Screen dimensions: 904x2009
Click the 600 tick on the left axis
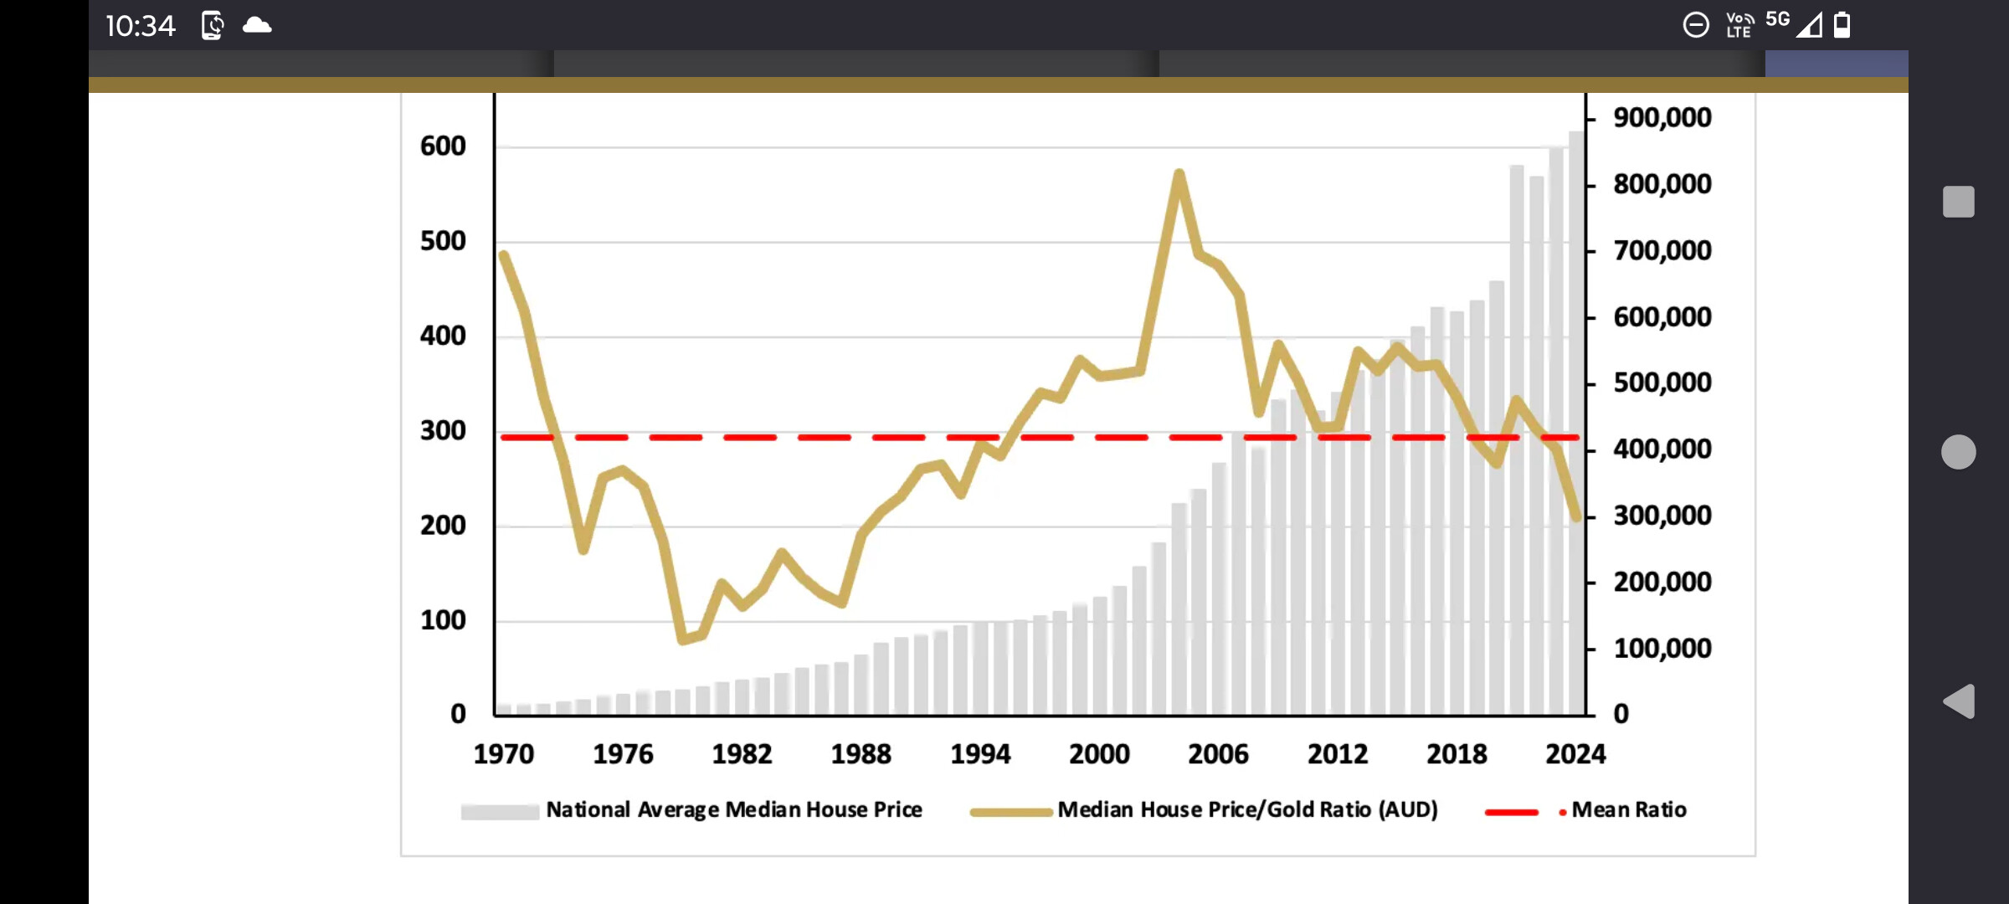(x=443, y=146)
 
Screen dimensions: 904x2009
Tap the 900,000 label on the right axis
(x=1662, y=118)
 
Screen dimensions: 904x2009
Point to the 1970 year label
(x=503, y=754)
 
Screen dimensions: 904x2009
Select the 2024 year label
(x=1575, y=754)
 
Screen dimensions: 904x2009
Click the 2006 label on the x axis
(x=1218, y=754)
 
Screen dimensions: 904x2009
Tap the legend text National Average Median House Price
(x=733, y=810)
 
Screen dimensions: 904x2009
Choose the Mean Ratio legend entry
(x=1628, y=810)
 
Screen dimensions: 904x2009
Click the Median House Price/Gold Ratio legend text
(x=1247, y=810)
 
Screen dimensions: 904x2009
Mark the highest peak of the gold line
(x=1179, y=174)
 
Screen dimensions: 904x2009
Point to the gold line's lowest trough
(x=683, y=640)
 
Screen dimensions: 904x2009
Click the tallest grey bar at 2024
(x=1576, y=419)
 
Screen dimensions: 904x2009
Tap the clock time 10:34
(x=141, y=26)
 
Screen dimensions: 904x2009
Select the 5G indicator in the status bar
(x=1777, y=19)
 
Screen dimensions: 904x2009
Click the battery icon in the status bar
(x=1842, y=25)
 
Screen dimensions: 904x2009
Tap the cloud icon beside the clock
(x=257, y=25)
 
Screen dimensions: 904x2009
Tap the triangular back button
(x=1959, y=701)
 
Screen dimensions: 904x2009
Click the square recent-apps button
(x=1959, y=202)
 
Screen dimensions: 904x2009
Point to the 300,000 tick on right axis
(x=1662, y=516)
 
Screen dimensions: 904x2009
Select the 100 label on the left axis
(x=443, y=621)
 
